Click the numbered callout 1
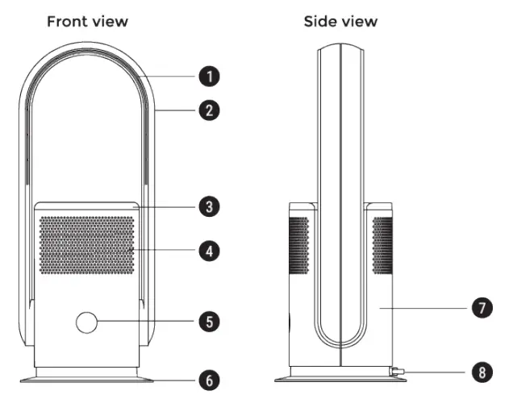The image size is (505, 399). click(x=209, y=77)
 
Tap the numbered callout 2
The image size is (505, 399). click(x=209, y=110)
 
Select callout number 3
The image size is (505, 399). click(x=209, y=207)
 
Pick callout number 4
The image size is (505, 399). click(x=209, y=251)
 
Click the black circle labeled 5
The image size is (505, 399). click(x=209, y=322)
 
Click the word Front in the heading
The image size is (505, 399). click(x=66, y=21)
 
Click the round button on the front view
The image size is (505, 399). click(x=86, y=322)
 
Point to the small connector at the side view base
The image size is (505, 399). click(x=397, y=372)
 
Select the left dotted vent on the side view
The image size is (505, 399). click(x=299, y=243)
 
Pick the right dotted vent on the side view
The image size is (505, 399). click(x=382, y=243)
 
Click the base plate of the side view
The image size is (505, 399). click(x=339, y=376)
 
